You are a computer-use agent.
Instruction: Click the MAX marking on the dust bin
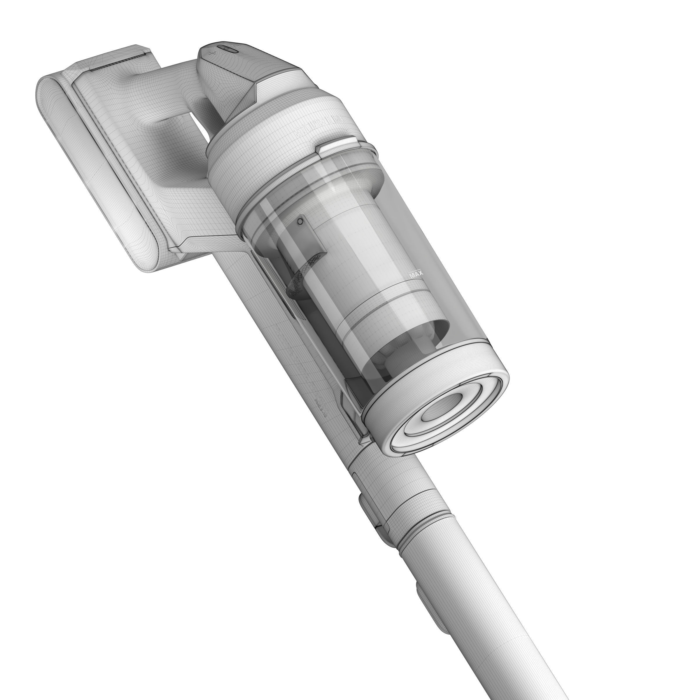coord(416,274)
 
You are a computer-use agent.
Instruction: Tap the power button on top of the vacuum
coord(228,48)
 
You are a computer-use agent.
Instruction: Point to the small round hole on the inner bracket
coord(300,221)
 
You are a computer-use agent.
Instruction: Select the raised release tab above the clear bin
coord(336,144)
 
